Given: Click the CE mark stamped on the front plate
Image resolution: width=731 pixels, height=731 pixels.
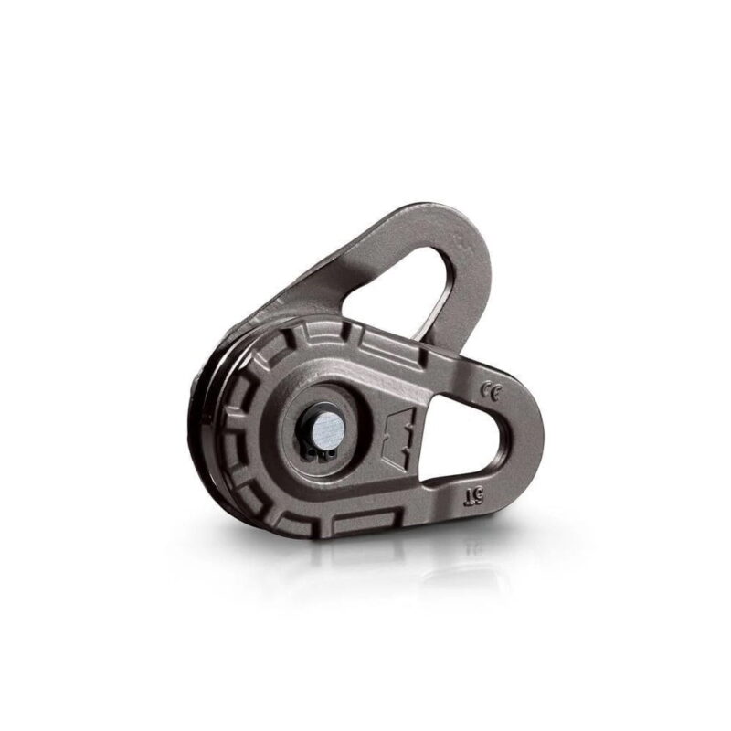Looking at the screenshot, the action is pyautogui.click(x=492, y=392).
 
